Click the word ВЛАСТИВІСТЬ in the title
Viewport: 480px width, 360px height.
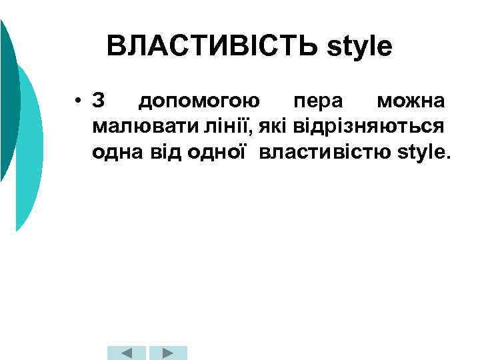pyautogui.click(x=211, y=47)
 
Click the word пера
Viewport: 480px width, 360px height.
pyautogui.click(x=318, y=102)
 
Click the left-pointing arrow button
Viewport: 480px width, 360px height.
pyautogui.click(x=126, y=353)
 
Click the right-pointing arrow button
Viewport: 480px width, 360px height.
pyautogui.click(x=167, y=353)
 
